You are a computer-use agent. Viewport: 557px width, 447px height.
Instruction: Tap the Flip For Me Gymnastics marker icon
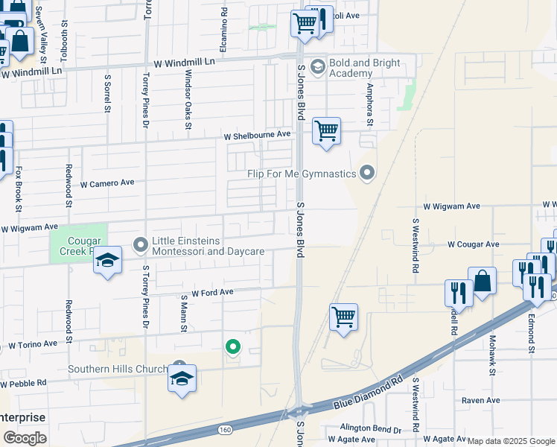point(366,174)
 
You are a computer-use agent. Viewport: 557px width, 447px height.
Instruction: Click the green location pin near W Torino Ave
point(233,346)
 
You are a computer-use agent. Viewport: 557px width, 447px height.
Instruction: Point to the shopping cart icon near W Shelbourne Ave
point(326,131)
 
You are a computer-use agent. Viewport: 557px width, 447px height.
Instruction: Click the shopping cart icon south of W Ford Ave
point(343,317)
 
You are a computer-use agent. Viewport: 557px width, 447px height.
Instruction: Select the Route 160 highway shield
point(224,430)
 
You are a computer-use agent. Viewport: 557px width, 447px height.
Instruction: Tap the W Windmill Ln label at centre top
point(184,64)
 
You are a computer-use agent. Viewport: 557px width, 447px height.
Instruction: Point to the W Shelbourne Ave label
point(258,136)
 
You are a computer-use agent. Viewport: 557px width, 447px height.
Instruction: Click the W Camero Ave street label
point(107,183)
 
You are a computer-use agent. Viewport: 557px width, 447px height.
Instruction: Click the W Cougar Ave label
point(473,244)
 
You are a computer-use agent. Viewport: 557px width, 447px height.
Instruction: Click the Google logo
point(24,437)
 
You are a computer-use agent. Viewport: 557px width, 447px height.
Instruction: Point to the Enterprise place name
point(22,418)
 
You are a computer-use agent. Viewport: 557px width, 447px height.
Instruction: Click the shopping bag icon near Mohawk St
point(483,281)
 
